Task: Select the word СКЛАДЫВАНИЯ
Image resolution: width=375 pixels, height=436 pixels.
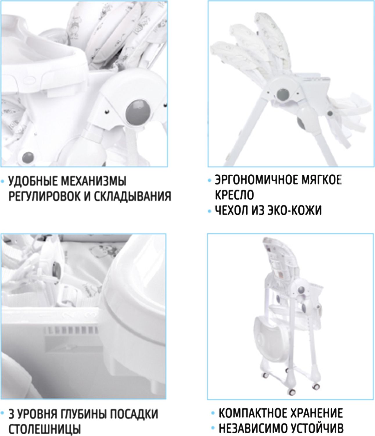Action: click(132, 196)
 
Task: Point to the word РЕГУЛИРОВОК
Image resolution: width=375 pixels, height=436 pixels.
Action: click(44, 196)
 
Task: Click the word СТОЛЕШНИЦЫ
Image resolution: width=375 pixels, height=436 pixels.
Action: click(45, 429)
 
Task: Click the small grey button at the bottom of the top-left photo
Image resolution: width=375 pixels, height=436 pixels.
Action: click(28, 157)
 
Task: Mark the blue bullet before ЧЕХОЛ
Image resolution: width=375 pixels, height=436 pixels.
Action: click(209, 211)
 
